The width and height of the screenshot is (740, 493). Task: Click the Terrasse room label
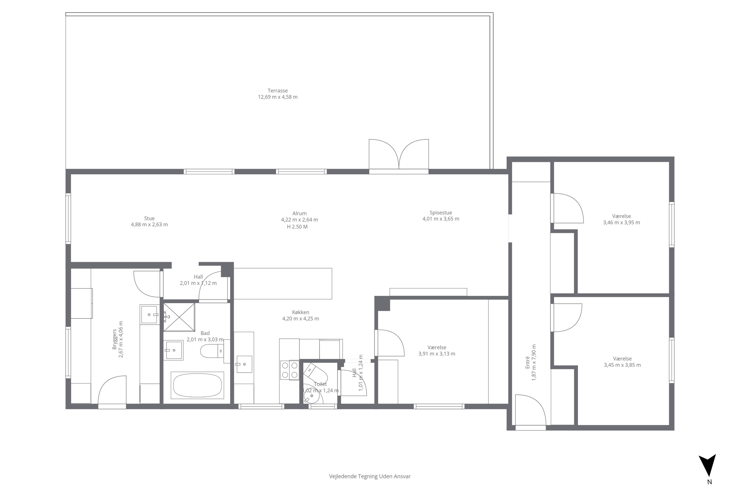(277, 90)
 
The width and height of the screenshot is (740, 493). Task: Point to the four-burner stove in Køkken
(289, 370)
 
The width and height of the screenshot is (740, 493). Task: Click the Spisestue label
(441, 212)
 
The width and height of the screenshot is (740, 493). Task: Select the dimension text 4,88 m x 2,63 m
(149, 225)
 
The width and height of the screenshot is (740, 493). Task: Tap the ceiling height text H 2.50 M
(297, 227)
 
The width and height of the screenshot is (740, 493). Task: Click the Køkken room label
(300, 312)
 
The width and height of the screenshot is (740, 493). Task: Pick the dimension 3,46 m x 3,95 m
(621, 222)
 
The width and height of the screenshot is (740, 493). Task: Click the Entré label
(528, 364)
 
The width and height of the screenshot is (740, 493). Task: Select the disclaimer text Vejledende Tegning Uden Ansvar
(370, 476)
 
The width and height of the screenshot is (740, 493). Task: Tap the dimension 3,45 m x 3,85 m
(622, 365)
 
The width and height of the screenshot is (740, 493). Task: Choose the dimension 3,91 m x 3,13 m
(437, 354)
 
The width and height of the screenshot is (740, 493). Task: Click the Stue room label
(149, 218)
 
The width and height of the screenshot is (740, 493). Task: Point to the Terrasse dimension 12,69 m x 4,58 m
(277, 97)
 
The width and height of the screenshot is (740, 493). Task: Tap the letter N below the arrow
(709, 482)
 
